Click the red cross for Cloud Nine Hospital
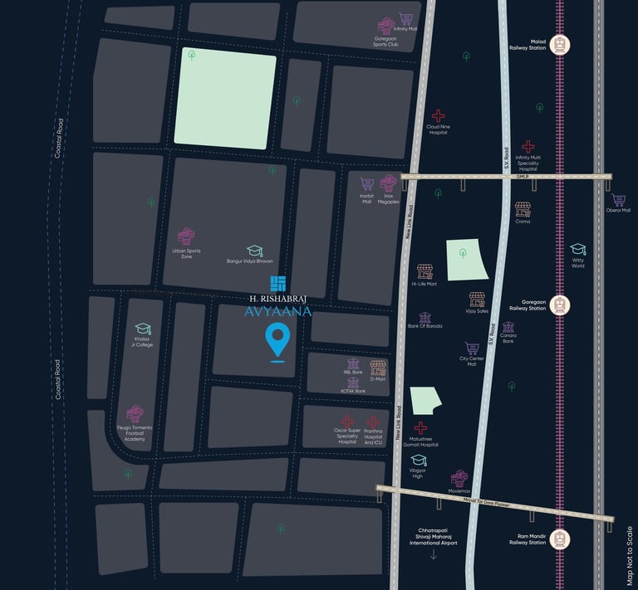(x=438, y=116)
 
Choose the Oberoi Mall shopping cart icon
(x=619, y=200)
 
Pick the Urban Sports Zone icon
(x=186, y=237)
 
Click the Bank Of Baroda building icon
(x=425, y=317)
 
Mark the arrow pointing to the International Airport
(x=433, y=553)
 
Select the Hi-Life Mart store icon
(x=425, y=271)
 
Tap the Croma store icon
(x=523, y=209)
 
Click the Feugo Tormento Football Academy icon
(x=135, y=414)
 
